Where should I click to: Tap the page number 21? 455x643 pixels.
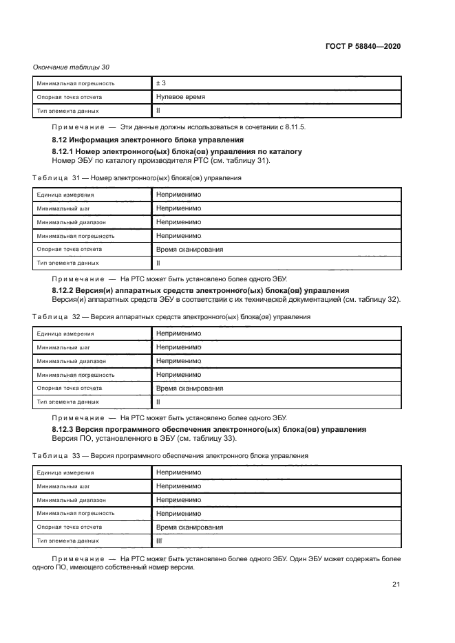[x=396, y=585]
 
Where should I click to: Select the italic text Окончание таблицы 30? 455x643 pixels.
[x=71, y=67]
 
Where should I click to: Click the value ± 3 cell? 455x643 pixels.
[x=161, y=83]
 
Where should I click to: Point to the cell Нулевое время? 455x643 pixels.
[x=180, y=97]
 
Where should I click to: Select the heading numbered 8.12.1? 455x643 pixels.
[x=177, y=151]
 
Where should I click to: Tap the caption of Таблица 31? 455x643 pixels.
[x=137, y=177]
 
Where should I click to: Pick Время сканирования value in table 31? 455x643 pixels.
[x=189, y=249]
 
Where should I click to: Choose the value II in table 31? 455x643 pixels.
[x=158, y=263]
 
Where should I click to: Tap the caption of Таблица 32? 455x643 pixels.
[x=171, y=317]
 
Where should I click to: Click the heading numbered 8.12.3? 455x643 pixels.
[x=209, y=429]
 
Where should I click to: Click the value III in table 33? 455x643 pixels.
[x=159, y=541]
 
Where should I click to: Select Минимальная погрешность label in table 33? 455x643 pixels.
[x=75, y=513]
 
